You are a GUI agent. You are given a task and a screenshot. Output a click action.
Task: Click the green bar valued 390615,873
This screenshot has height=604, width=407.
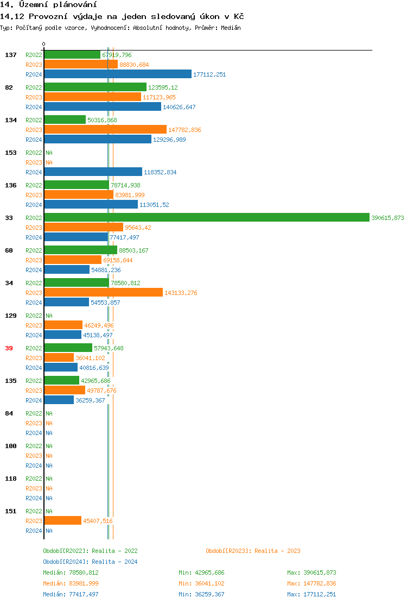206,217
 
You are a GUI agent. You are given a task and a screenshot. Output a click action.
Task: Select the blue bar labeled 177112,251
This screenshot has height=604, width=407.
118,74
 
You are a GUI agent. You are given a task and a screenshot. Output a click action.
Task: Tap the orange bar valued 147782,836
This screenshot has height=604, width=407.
105,129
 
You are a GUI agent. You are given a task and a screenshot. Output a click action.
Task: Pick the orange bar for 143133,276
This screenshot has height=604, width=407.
103,292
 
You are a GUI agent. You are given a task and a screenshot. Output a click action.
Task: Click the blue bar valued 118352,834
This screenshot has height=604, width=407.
93,172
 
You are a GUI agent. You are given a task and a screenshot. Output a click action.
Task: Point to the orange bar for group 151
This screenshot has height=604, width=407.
62,520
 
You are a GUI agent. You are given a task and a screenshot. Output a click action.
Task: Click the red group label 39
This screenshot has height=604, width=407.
9,348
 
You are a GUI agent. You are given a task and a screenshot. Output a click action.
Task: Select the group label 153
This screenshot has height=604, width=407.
11,153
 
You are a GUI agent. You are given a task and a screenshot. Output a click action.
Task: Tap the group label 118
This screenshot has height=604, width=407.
11,479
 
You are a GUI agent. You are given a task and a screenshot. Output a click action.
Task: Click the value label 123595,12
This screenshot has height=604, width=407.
163,87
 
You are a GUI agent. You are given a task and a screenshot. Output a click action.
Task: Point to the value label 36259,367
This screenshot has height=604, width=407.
90,400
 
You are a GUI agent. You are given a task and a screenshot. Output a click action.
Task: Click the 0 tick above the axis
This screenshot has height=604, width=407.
44,45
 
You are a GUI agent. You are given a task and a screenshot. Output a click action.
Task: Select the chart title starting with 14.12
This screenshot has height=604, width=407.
122,16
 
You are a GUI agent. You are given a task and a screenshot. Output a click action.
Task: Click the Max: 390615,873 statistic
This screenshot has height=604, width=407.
311,572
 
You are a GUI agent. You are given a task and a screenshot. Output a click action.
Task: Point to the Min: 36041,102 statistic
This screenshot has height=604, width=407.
201,583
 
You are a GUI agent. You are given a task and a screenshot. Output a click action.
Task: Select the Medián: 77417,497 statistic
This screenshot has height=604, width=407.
71,594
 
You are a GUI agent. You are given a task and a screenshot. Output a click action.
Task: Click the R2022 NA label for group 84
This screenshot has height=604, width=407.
49,413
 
